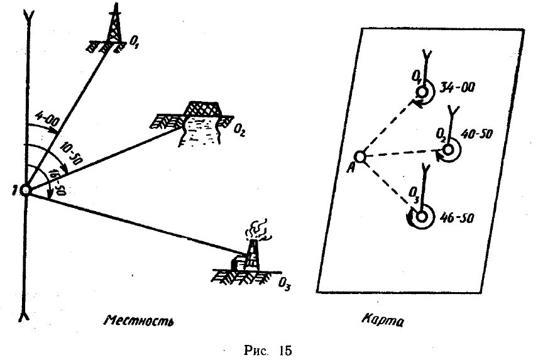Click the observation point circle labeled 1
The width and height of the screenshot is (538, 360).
point(26,190)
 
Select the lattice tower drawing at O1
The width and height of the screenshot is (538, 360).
point(114,31)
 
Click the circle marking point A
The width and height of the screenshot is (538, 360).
point(360,156)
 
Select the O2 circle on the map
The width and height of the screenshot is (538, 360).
point(449,150)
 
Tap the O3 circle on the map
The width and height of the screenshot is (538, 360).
point(422,215)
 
